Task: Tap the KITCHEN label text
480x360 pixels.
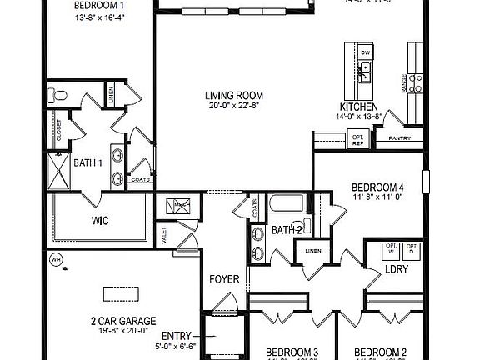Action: [360, 107]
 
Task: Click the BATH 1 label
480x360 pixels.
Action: [89, 162]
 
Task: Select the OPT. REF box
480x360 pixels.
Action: [358, 140]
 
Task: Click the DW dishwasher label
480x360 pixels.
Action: [365, 53]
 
